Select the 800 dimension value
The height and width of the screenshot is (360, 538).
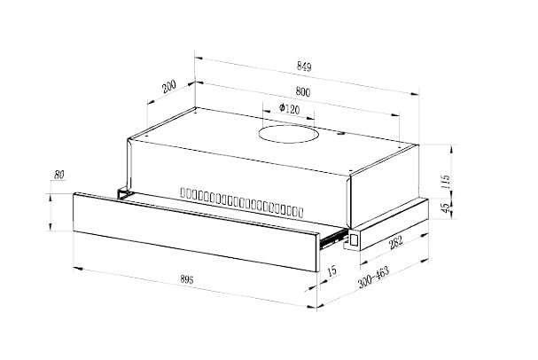301,92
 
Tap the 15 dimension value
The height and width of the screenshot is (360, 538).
331,270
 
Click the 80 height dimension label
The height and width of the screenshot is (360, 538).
59,175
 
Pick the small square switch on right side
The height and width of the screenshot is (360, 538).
352,238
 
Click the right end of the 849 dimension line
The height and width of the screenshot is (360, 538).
417,92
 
